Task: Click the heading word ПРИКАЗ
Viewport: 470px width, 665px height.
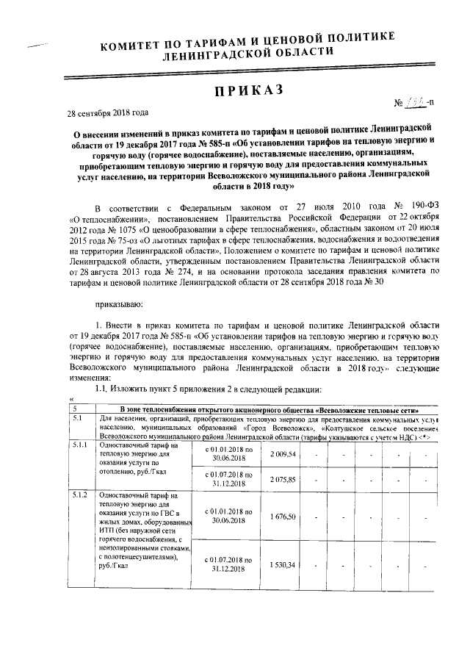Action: click(247, 91)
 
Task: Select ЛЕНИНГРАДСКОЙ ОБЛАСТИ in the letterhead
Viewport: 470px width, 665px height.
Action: click(250, 53)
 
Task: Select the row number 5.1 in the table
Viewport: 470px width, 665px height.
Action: click(76, 418)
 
